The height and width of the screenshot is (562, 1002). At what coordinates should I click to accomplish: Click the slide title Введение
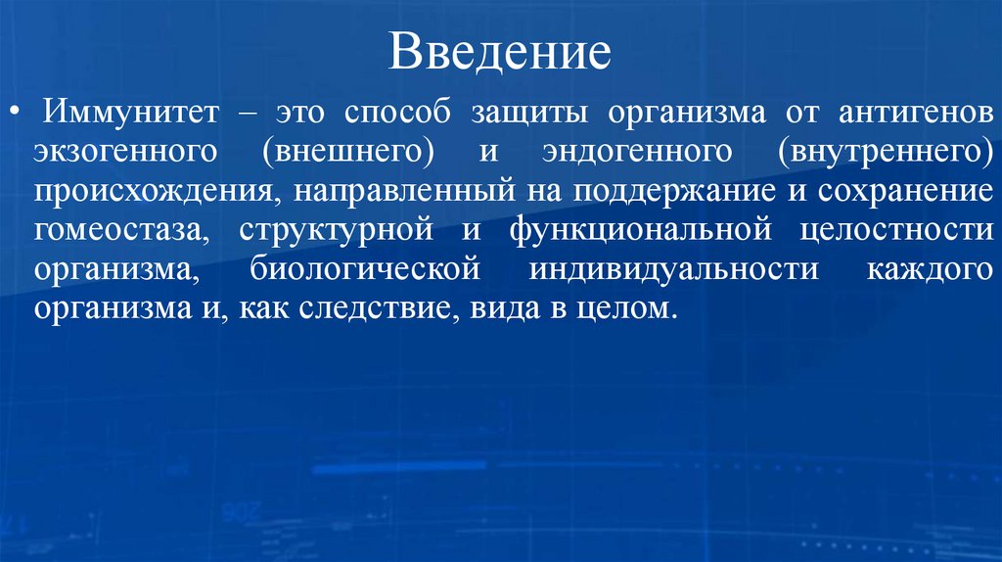click(x=500, y=52)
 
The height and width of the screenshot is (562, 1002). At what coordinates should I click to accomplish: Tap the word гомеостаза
click(x=118, y=231)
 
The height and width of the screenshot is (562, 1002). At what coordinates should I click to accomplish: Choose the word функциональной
click(x=635, y=231)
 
